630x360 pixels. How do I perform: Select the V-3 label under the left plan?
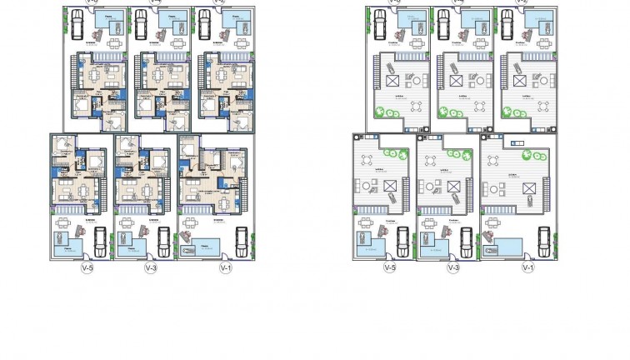click(151, 268)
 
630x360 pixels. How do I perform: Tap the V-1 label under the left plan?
click(223, 268)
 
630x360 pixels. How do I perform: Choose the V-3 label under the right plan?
click(454, 268)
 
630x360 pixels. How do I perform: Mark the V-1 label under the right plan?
click(527, 268)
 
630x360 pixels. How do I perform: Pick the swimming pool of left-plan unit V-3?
click(130, 243)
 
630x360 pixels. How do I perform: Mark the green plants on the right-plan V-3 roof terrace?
click(454, 153)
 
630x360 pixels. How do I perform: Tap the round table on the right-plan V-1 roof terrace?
click(497, 190)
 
